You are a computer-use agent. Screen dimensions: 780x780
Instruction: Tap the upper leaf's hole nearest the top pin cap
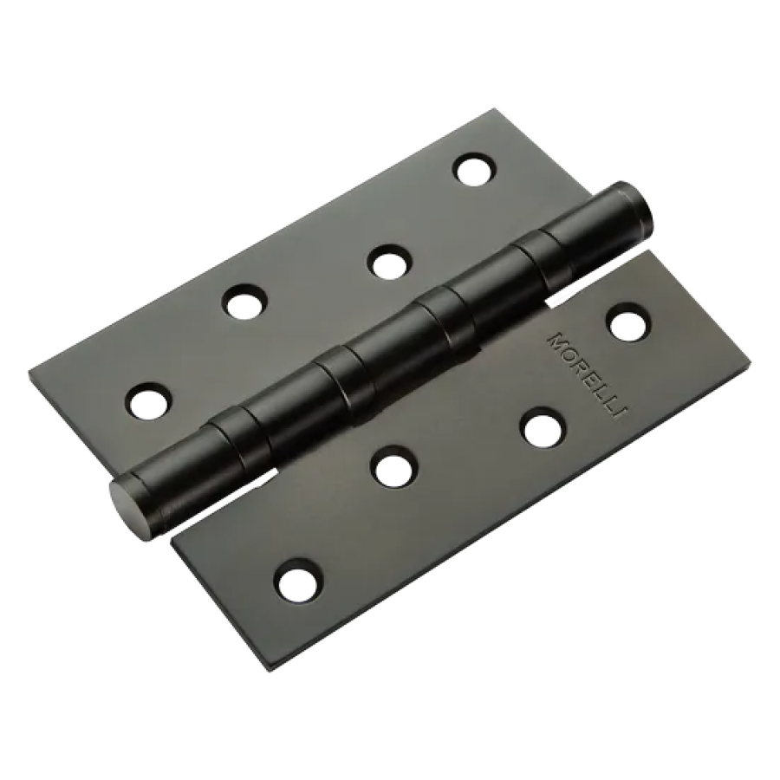click(x=476, y=171)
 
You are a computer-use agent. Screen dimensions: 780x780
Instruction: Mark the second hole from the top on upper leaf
click(x=388, y=261)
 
